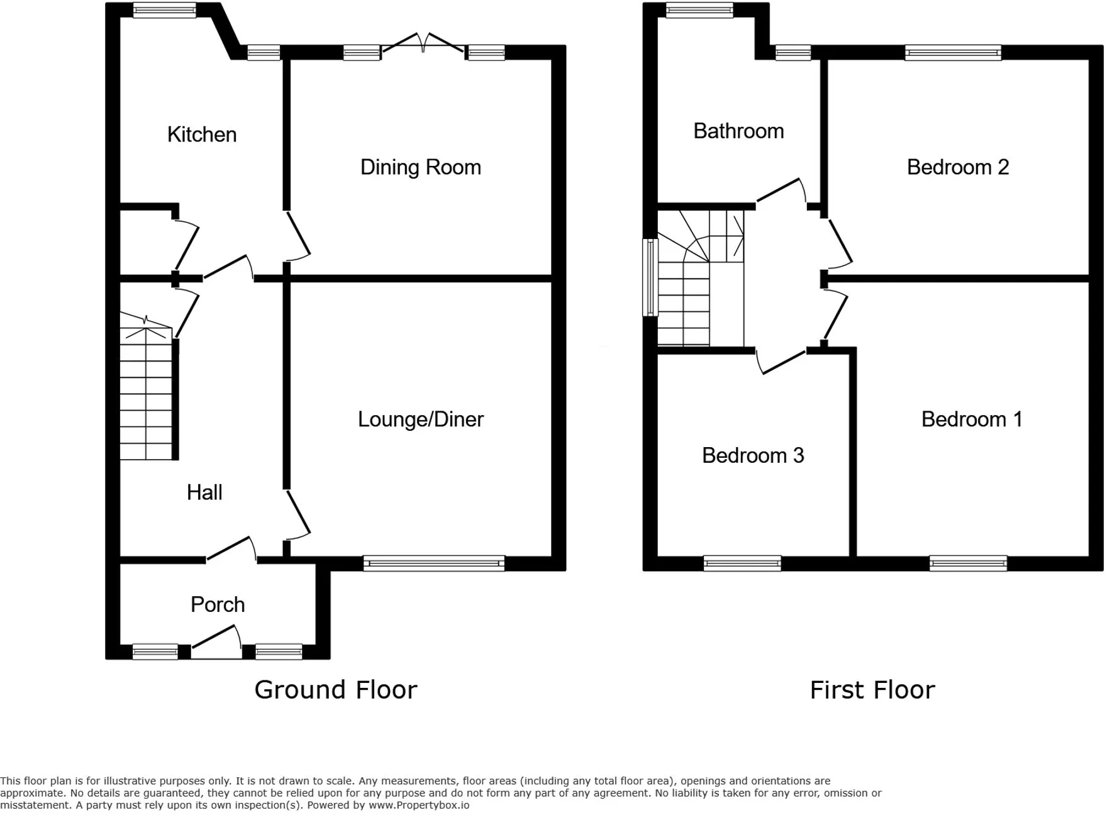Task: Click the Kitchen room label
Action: [x=202, y=135]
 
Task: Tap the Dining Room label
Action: [x=421, y=167]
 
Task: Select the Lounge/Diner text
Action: [x=421, y=419]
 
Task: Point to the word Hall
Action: [x=204, y=492]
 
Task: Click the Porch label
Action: [x=218, y=604]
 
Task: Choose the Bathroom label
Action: [x=738, y=131]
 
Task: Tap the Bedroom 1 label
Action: [x=972, y=419]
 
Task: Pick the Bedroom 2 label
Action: [x=958, y=167]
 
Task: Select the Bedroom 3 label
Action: [x=753, y=455]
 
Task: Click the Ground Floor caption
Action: [x=336, y=690]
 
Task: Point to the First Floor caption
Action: [x=872, y=690]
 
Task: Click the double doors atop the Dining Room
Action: [x=423, y=43]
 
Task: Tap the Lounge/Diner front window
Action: [x=434, y=563]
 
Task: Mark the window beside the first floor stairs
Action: [x=650, y=277]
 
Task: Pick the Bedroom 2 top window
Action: [x=953, y=53]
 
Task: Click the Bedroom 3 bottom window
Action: [x=742, y=563]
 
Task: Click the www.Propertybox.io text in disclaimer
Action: [x=419, y=805]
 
